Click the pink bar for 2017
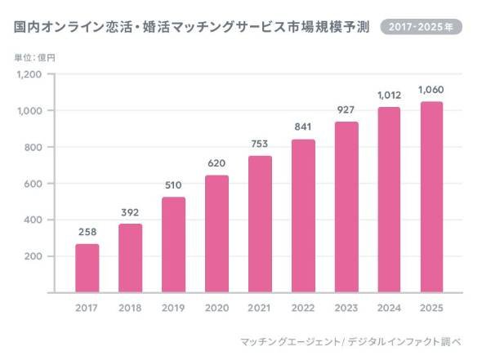[87, 268]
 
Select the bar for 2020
[217, 233]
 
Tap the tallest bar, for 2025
[432, 197]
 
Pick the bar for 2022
[303, 216]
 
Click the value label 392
[130, 212]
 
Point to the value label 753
[260, 144]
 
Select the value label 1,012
[389, 96]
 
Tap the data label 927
[346, 109]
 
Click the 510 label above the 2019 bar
[173, 185]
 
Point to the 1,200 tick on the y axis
[29, 74]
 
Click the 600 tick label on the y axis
[33, 184]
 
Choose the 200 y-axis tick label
[33, 256]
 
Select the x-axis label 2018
[130, 308]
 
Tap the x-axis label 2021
[259, 308]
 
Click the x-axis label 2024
[389, 308]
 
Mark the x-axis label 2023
[346, 308]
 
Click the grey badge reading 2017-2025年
[421, 27]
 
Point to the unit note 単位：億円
[34, 57]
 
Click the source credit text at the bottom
[350, 341]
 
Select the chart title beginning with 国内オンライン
[191, 27]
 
